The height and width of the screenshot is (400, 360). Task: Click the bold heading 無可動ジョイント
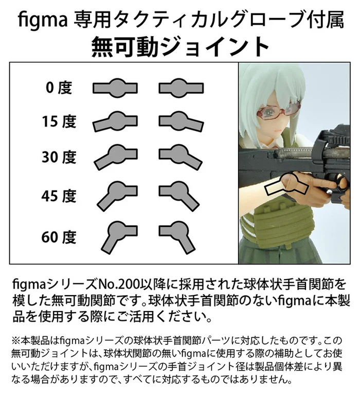click(180, 47)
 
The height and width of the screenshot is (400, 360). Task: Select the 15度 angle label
click(59, 121)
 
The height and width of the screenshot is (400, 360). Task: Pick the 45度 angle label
click(59, 196)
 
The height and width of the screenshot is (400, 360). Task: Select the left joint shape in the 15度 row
click(115, 121)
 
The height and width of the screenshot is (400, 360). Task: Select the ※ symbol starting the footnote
click(15, 340)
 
